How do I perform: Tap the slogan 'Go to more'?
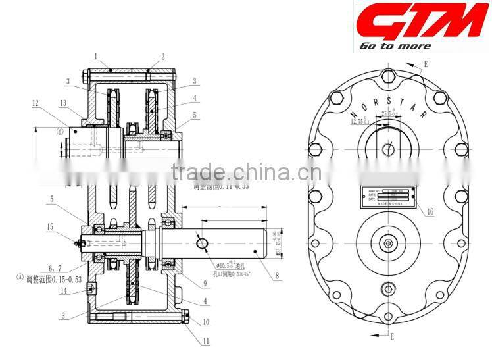[x=395, y=46]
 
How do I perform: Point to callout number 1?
[x=95, y=56]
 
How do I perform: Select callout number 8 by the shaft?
[x=278, y=276]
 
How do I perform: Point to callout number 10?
[x=207, y=322]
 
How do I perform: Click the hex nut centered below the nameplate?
[x=388, y=244]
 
